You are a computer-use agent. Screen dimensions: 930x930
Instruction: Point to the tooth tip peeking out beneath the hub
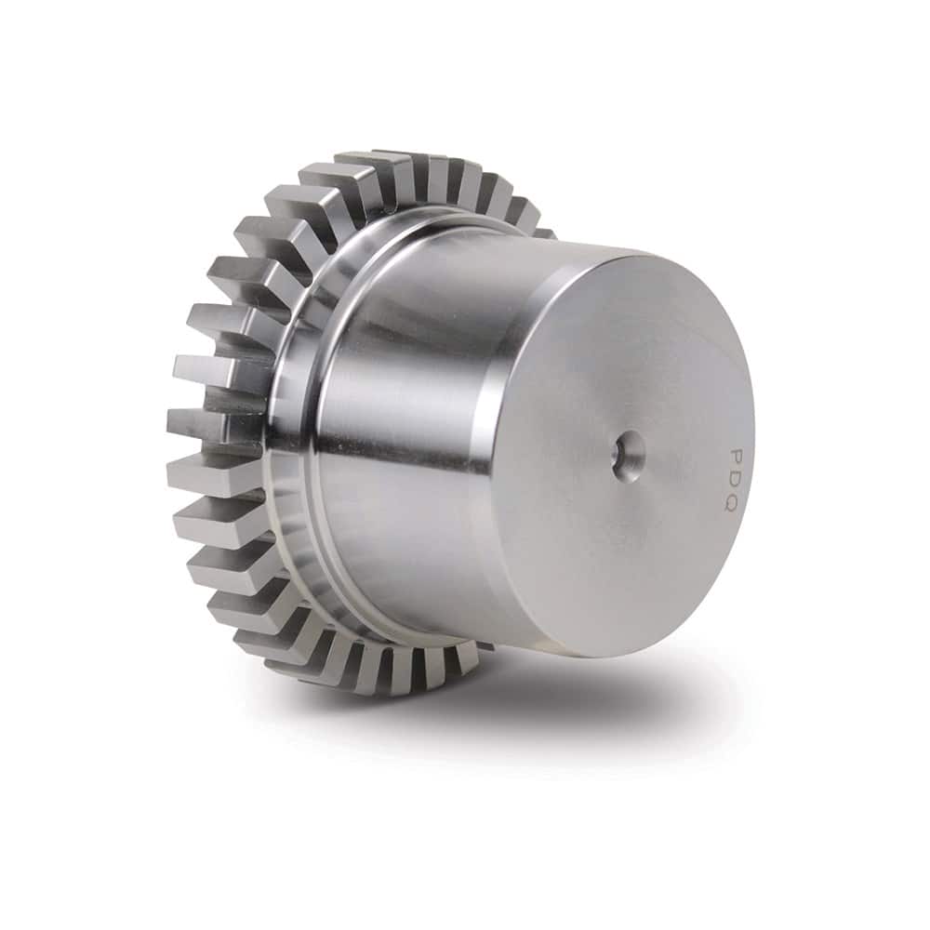tap(484, 644)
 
